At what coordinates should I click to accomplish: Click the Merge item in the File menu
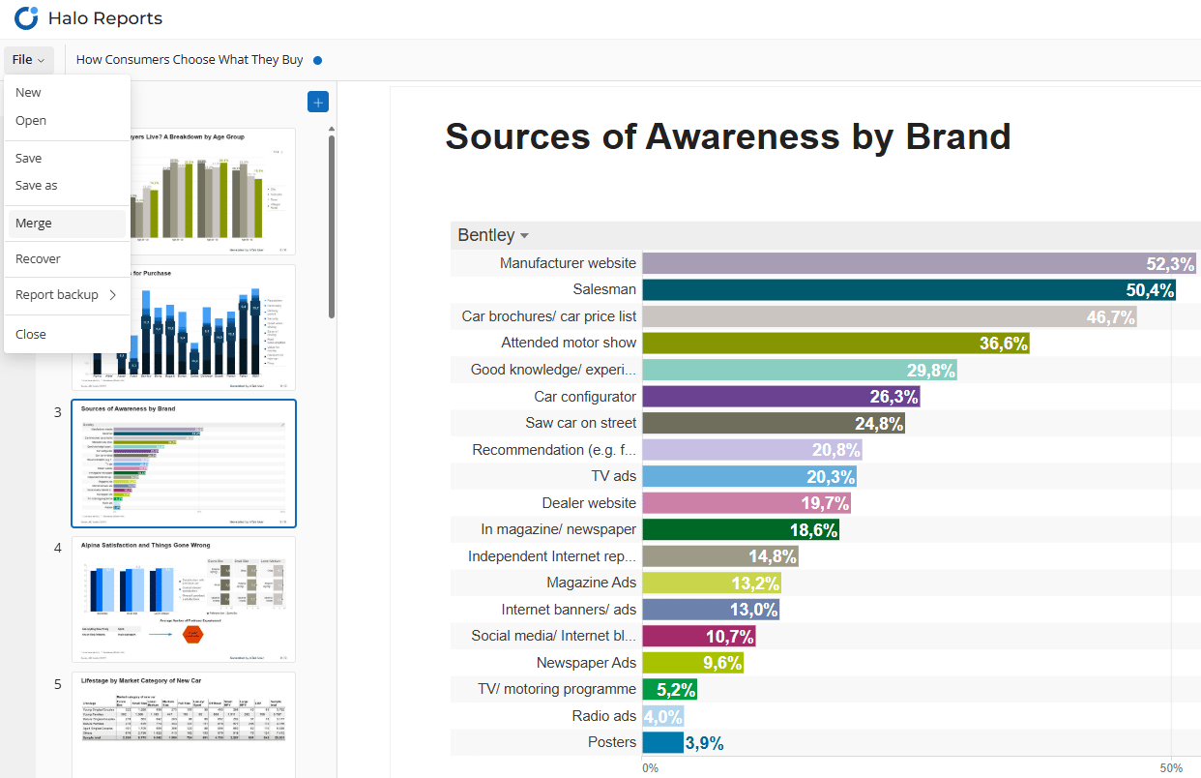tap(34, 224)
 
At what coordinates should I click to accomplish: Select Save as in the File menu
tap(37, 186)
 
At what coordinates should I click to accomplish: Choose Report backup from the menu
tap(58, 295)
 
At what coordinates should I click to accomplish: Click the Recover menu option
tap(38, 259)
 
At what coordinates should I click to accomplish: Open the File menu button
tap(28, 60)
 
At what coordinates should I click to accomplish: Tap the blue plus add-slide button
tap(318, 102)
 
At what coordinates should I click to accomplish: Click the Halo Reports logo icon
tap(26, 17)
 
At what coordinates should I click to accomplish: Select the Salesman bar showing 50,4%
tap(909, 289)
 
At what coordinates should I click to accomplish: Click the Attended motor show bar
tap(836, 343)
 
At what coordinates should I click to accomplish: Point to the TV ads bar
tap(749, 476)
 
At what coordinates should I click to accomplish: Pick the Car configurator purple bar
tap(781, 397)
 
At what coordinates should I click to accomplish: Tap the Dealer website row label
tap(589, 503)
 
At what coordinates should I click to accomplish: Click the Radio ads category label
tap(604, 716)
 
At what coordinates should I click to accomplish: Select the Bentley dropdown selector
tap(493, 236)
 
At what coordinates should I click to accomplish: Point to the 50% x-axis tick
tap(1172, 767)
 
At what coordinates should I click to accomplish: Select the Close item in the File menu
tap(31, 335)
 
